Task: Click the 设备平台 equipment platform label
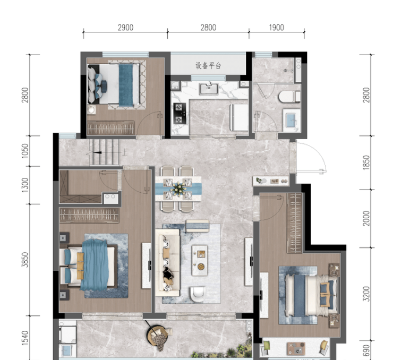tap(208, 66)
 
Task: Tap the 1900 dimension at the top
tap(277, 28)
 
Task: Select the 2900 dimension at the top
tap(125, 28)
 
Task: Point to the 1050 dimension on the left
tap(25, 151)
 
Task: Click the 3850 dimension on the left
tap(25, 260)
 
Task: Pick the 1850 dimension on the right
tap(366, 163)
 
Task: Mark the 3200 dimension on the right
tap(366, 294)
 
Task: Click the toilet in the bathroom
tap(289, 97)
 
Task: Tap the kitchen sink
tap(209, 89)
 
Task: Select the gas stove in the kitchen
tap(180, 114)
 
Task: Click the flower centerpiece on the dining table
tap(178, 188)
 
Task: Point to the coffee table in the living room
tap(200, 260)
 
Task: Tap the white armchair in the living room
tap(198, 294)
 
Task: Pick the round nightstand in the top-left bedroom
tap(91, 109)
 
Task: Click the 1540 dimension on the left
tap(25, 338)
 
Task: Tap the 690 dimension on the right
tap(366, 350)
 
